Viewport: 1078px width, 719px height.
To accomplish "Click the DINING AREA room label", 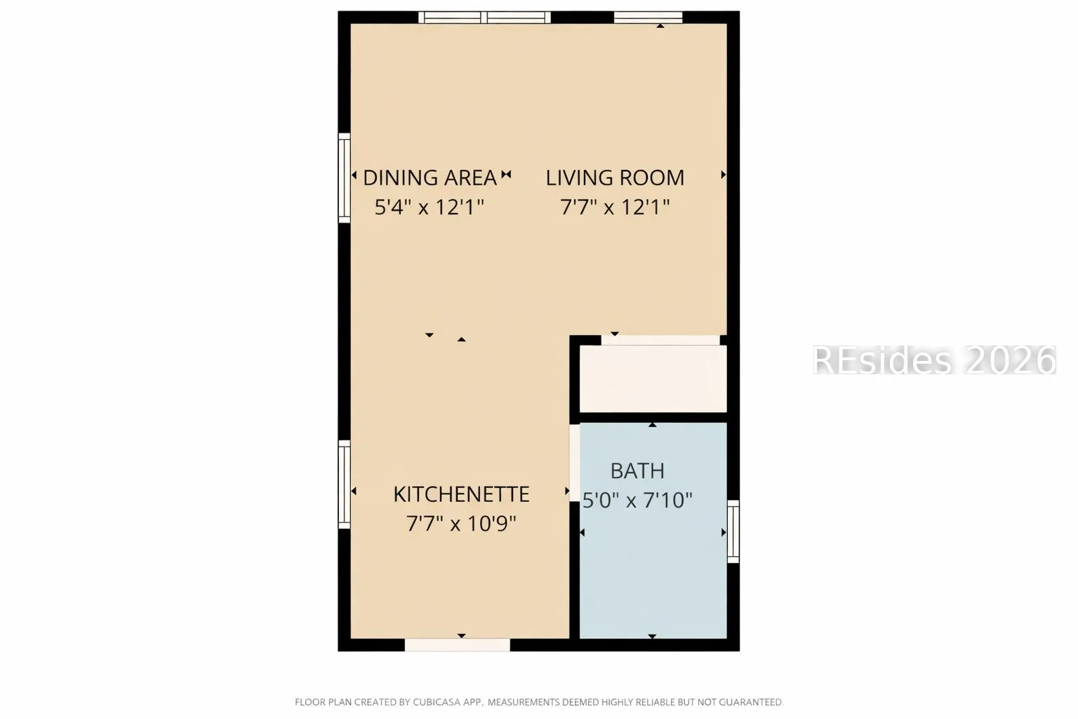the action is [430, 178].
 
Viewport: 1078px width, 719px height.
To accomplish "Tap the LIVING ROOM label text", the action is [615, 178].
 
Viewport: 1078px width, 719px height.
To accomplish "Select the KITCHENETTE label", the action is [461, 494].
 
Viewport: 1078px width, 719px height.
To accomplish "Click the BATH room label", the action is [637, 470].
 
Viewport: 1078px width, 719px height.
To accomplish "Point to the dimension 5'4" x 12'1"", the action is [429, 207].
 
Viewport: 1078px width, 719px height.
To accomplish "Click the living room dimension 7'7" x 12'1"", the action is [615, 207].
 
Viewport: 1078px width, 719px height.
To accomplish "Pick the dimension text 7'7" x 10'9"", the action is [461, 524].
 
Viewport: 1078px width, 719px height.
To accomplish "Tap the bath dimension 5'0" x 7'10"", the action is [637, 501].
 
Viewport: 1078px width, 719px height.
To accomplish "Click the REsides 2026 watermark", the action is [935, 359].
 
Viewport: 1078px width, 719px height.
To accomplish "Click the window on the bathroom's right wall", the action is [733, 532].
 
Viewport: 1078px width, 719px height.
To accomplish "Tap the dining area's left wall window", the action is [344, 178].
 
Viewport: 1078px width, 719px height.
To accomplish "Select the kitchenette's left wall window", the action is [344, 484].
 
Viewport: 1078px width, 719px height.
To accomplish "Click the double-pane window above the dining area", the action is [484, 18].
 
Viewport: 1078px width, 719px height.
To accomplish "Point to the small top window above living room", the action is [648, 18].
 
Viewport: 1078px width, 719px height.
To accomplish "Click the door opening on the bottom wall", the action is [457, 645].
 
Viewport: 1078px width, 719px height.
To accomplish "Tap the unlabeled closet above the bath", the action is [653, 378].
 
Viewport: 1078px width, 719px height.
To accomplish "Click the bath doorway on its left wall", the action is [575, 463].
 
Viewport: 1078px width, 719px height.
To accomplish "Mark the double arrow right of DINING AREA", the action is [506, 174].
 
